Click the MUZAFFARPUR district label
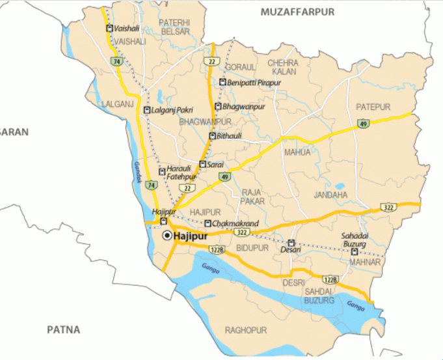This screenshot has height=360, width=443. click(297, 12)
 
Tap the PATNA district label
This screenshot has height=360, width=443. click(63, 330)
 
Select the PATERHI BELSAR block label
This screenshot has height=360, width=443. click(174, 27)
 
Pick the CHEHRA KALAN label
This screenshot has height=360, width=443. click(283, 67)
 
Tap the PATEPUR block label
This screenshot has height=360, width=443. click(373, 107)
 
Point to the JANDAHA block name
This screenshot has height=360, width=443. click(330, 195)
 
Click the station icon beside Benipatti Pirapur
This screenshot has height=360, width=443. click(222, 83)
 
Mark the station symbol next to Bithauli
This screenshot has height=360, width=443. click(211, 136)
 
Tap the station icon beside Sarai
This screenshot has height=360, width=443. click(202, 165)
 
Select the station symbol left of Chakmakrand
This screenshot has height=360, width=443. click(208, 224)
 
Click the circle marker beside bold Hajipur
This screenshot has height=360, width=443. click(167, 236)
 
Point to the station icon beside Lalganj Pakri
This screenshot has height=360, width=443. click(146, 111)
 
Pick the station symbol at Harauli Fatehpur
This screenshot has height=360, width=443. click(162, 172)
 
